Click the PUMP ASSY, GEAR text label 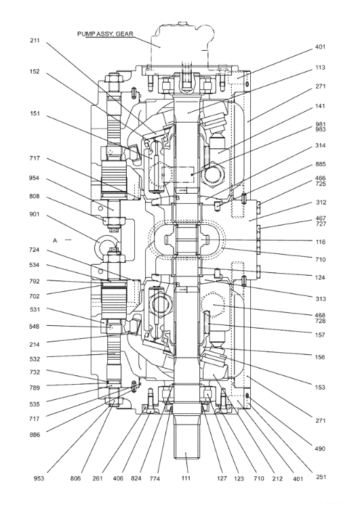[x=107, y=33]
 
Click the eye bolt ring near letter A [x=108, y=240]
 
